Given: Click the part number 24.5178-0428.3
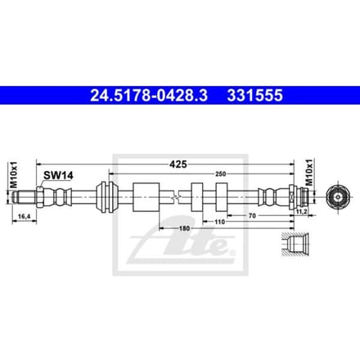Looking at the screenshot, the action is tap(149, 96).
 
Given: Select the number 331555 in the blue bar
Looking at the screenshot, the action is tap(255, 96).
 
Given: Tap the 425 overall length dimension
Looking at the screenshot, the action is tap(178, 164).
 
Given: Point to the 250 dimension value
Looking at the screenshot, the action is tap(220, 173).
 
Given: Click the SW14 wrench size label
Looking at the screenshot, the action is tap(58, 175).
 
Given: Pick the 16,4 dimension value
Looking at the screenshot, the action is tap(24, 217).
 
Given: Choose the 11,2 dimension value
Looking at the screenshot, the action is tap(302, 211).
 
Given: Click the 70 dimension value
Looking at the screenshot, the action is tap(252, 215).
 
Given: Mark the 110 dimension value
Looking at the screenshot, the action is tap(219, 222).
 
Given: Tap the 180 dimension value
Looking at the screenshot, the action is tap(184, 228).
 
